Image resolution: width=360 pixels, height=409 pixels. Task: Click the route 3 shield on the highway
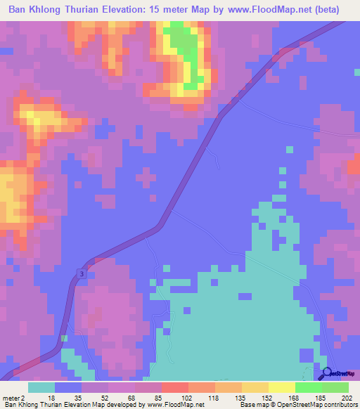(x=82, y=273)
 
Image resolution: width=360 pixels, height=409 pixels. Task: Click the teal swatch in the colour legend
(x=41, y=387)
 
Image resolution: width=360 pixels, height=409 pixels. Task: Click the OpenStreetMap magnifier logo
(x=326, y=374)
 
